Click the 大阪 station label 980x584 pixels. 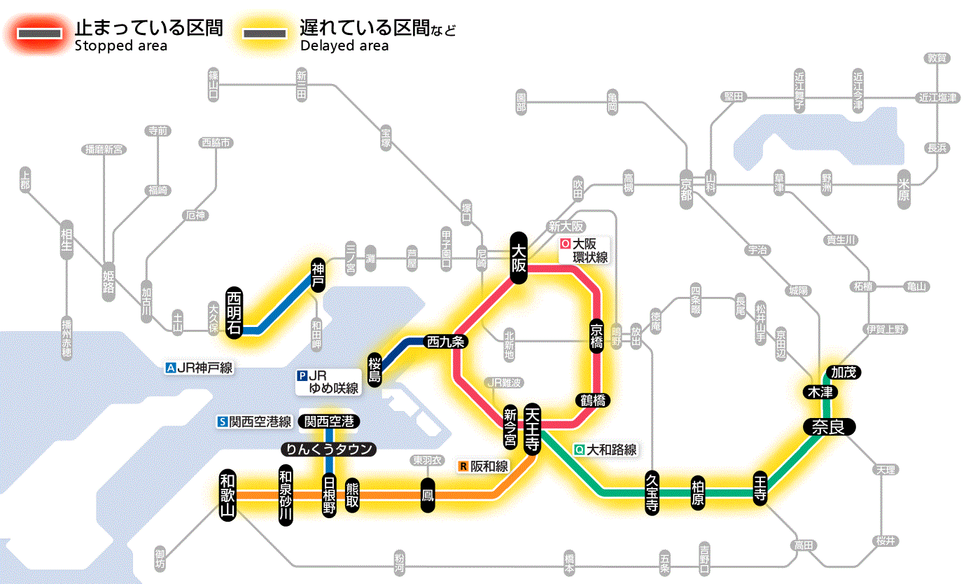(519, 257)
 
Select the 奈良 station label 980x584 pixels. (829, 427)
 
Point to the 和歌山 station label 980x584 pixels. (227, 494)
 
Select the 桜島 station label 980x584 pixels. (375, 369)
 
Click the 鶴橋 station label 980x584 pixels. (592, 401)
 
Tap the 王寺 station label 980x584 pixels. (761, 487)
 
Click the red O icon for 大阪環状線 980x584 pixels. (566, 244)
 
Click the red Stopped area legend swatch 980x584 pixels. (43, 34)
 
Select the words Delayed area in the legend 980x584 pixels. (344, 46)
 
